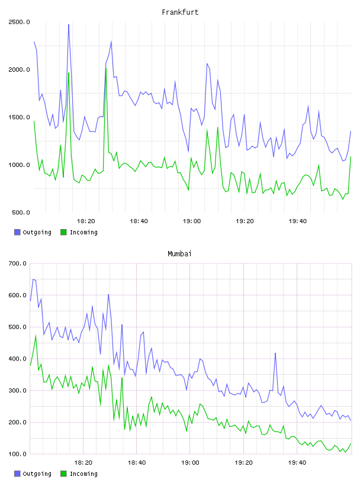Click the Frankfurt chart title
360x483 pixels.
coord(180,12)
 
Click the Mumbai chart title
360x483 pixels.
coord(179,254)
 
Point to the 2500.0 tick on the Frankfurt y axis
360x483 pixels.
coord(19,22)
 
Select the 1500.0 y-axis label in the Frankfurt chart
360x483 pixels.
coord(19,117)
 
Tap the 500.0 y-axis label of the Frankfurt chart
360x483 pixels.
coord(21,212)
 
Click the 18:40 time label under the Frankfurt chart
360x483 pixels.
coord(139,221)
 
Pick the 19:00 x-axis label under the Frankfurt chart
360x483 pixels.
coord(192,221)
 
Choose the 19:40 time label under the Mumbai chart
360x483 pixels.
coord(297,463)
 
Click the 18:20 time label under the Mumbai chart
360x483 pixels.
coord(83,463)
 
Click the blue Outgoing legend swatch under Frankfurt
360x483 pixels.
coord(17,232)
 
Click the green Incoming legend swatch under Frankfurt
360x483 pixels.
coord(63,232)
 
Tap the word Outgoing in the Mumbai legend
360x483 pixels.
coord(37,474)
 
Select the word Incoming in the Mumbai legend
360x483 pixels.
coord(83,474)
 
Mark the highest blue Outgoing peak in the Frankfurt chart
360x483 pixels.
coord(69,24)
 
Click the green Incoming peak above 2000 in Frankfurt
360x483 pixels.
coord(106,68)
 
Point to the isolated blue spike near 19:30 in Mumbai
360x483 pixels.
coord(275,353)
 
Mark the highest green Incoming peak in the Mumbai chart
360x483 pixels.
coord(36,335)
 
